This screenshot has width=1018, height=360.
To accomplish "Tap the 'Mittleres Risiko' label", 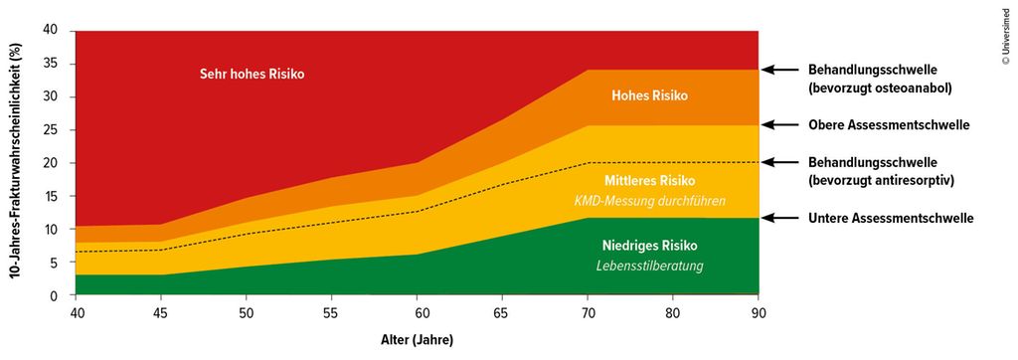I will [x=648, y=180].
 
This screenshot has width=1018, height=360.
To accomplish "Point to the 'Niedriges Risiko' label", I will [x=648, y=246].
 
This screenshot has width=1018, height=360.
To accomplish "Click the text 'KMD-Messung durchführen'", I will [x=648, y=200].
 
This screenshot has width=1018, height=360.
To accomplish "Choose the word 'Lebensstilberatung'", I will [x=648, y=266].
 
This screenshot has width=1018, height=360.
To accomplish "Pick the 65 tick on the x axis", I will [x=502, y=311].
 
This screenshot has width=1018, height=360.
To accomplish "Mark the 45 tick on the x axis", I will [x=161, y=311].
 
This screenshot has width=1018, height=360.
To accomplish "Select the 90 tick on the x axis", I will [x=759, y=311].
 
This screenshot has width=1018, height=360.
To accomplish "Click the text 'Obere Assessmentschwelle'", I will [x=889, y=125].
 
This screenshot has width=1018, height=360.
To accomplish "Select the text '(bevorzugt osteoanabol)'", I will [x=881, y=87].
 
